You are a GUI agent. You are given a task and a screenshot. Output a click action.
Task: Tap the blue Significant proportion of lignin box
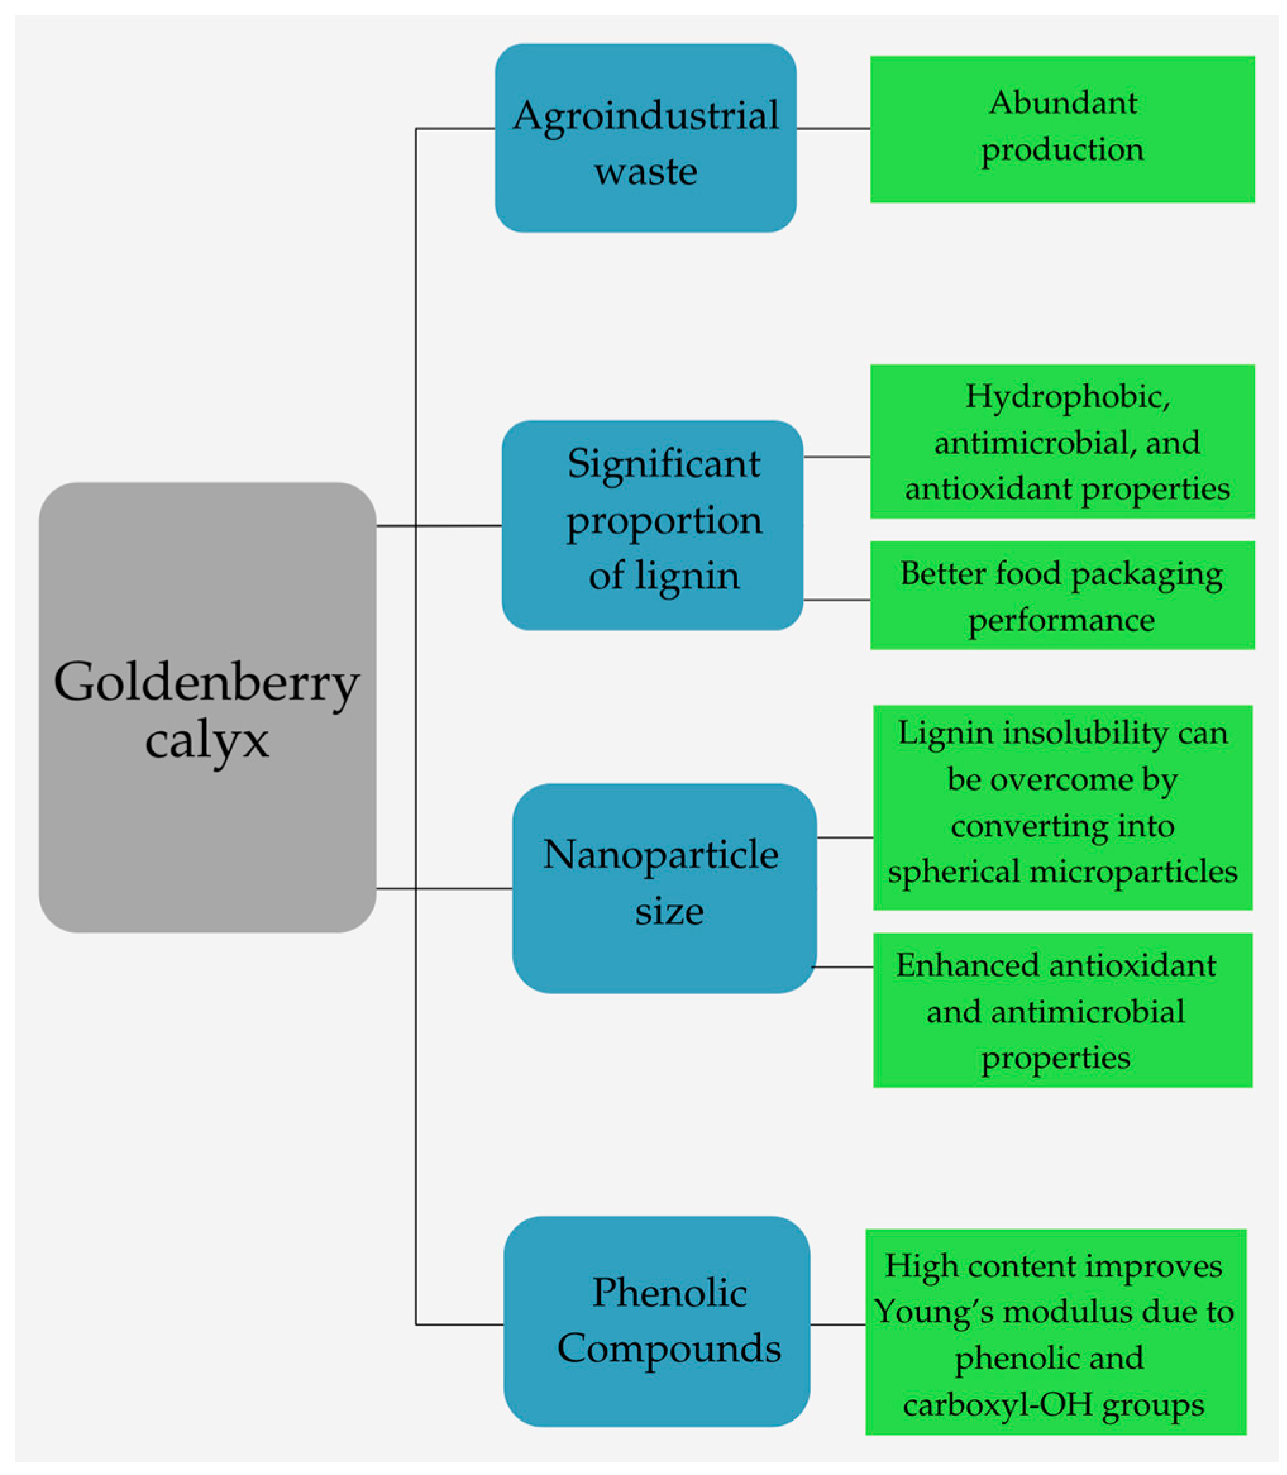click(x=651, y=525)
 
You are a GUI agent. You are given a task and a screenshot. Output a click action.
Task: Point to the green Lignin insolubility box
click(x=1062, y=808)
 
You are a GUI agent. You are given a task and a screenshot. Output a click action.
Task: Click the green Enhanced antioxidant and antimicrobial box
click(x=1062, y=1010)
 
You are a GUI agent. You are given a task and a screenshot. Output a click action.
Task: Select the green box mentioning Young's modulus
click(x=1055, y=1332)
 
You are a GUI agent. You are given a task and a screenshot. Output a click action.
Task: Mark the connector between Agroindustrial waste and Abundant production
click(x=833, y=129)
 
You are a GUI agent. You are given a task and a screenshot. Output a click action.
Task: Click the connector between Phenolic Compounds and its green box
click(x=837, y=1325)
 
